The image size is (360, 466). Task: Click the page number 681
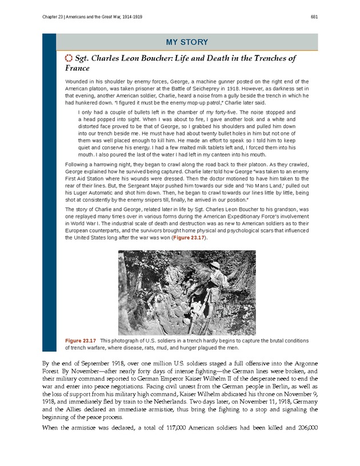tap(314, 17)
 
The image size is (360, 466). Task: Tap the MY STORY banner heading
tap(186, 42)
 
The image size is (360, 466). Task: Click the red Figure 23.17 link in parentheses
tap(189, 237)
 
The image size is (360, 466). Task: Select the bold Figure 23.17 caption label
tap(80, 341)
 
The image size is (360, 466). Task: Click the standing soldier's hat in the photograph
tap(217, 266)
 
